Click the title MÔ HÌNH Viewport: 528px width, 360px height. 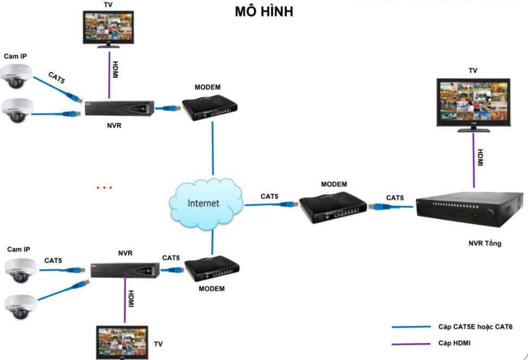coord(264,11)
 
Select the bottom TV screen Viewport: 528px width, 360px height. coord(121,342)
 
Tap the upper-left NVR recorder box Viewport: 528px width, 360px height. coord(120,109)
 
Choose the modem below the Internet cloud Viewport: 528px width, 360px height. coord(212,269)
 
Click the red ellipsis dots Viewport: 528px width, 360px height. coord(104,188)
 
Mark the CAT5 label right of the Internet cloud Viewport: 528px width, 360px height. coord(270,196)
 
